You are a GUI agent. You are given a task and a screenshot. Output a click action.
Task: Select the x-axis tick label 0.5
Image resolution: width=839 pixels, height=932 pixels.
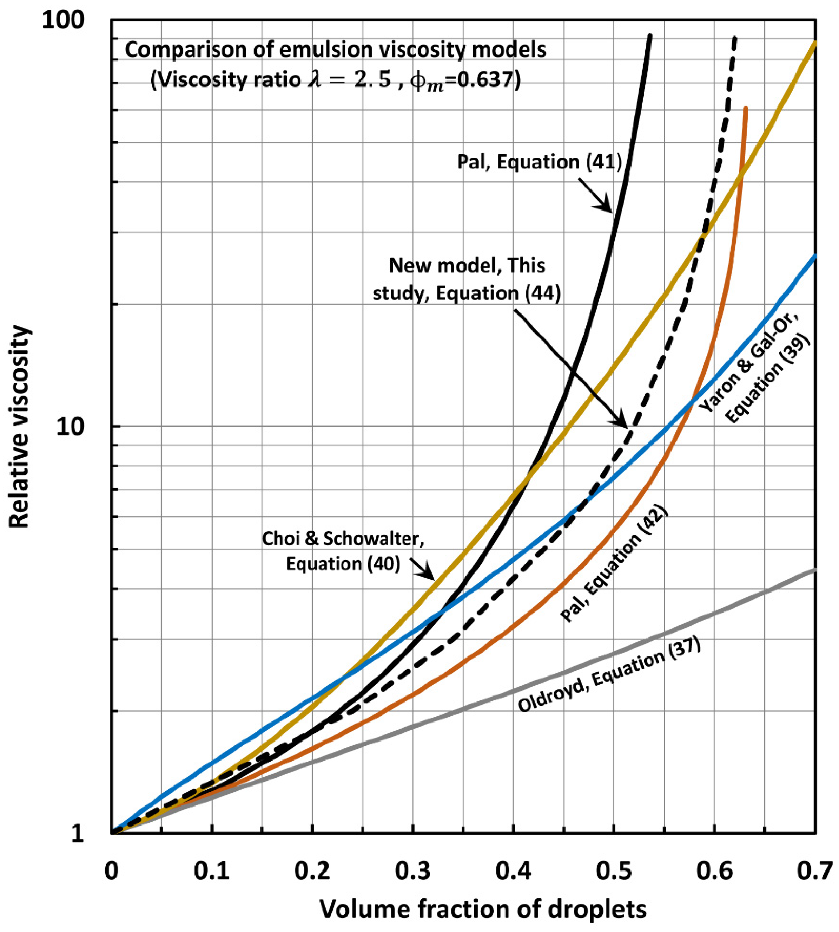click(x=614, y=872)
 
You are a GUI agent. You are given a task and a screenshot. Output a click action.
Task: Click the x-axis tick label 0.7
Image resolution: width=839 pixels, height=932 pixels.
click(x=814, y=872)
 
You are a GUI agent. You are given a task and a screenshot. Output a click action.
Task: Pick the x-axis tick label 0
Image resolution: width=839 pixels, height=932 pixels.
click(x=111, y=872)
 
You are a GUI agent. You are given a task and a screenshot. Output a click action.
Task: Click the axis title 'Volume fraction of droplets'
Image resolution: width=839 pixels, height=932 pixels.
click(x=483, y=909)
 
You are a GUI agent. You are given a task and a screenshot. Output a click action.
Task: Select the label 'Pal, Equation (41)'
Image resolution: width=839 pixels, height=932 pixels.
click(x=539, y=162)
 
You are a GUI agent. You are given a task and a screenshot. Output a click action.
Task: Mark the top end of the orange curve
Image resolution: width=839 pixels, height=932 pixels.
click(x=745, y=109)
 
